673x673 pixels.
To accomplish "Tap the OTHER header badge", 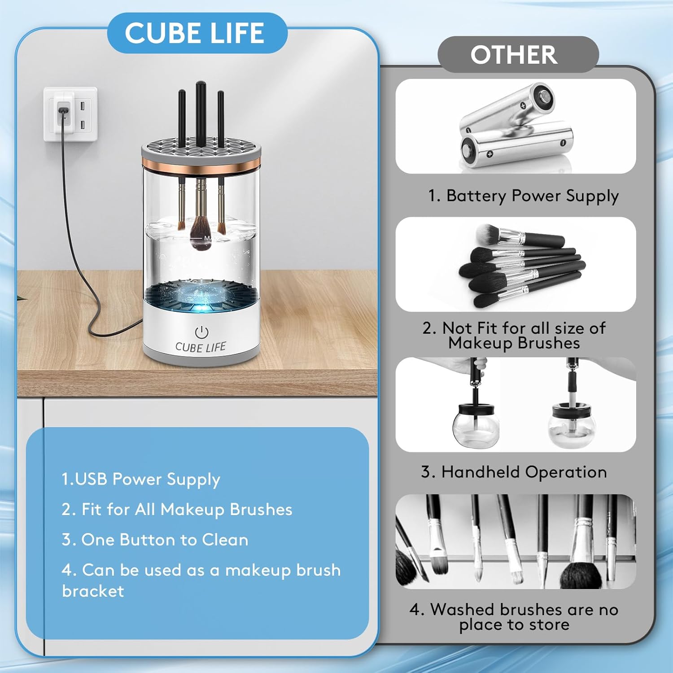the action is point(518,54).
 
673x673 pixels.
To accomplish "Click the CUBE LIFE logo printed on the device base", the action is point(201,347).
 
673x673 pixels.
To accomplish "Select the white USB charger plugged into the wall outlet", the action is point(64,111).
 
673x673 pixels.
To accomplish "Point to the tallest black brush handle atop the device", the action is point(201,114).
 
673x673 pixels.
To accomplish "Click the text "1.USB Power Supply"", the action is point(140,479).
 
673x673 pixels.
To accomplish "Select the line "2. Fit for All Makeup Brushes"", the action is point(177,509).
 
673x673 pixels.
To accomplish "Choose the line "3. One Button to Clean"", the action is point(155,539).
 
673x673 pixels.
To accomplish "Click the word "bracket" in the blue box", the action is point(93,591).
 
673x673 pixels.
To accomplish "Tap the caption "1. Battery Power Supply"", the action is point(523,196).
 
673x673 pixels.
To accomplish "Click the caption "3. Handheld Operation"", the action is point(514,472).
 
